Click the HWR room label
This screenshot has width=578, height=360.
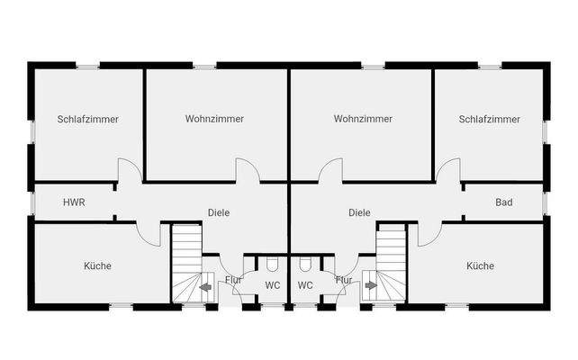(74, 202)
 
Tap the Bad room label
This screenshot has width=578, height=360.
(504, 202)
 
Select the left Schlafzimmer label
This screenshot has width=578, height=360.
(88, 119)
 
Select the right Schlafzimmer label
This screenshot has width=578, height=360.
(489, 119)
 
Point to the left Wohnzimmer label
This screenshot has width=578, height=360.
(215, 119)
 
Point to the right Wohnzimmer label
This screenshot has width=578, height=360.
(363, 119)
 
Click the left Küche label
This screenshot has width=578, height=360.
(97, 265)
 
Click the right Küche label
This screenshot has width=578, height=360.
(480, 265)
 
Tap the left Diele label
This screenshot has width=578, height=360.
(219, 213)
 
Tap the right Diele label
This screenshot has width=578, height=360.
(360, 213)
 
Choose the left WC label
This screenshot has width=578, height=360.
(273, 285)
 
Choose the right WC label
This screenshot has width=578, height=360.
(305, 285)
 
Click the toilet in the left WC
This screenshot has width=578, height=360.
(273, 265)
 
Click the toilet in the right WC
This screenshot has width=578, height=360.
(305, 265)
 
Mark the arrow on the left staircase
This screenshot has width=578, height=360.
(206, 288)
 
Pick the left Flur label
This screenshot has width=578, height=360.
(233, 280)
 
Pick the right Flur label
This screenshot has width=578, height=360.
(344, 280)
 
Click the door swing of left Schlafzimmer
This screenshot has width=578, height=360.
(129, 171)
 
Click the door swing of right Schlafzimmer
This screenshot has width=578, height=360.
(448, 171)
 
